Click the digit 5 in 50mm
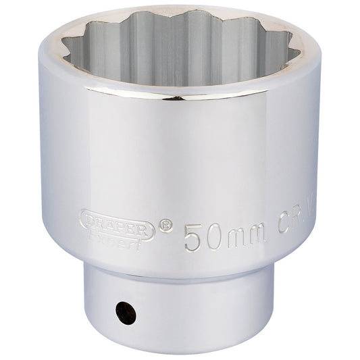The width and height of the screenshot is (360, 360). (193, 238)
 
